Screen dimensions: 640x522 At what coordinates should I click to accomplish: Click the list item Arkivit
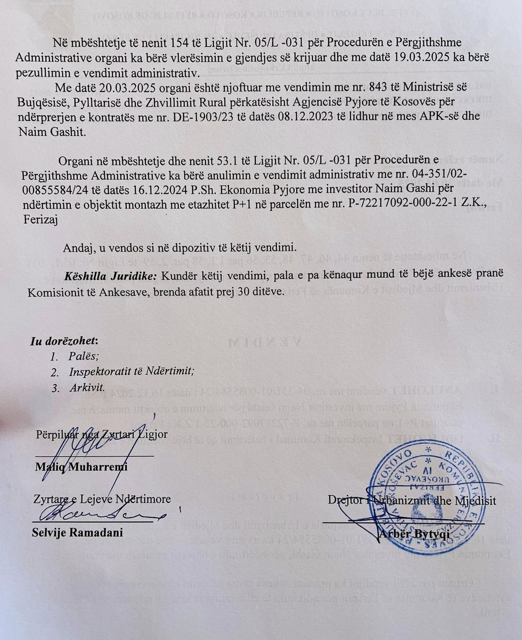coord(87,388)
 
